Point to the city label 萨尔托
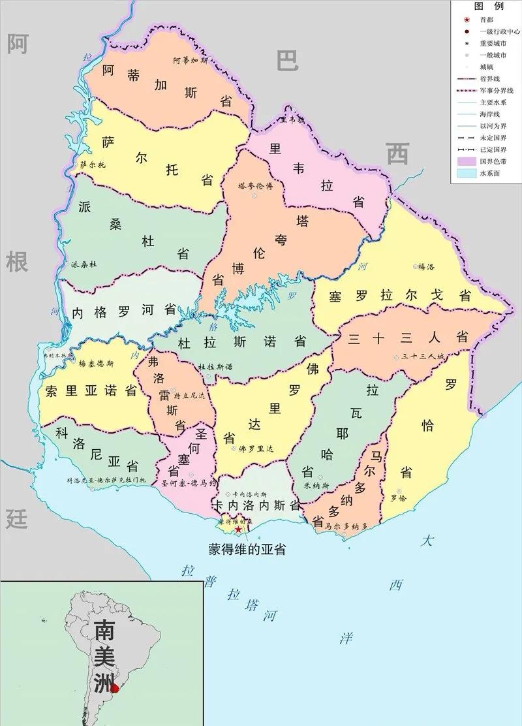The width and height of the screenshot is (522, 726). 93,165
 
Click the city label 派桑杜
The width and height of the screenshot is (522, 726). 84,264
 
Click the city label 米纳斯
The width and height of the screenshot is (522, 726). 316,485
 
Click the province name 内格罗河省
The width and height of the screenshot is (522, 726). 124,311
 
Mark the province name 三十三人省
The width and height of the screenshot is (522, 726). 408,338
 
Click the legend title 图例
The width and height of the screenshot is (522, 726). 488,6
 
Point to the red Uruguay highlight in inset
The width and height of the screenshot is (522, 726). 115,687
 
